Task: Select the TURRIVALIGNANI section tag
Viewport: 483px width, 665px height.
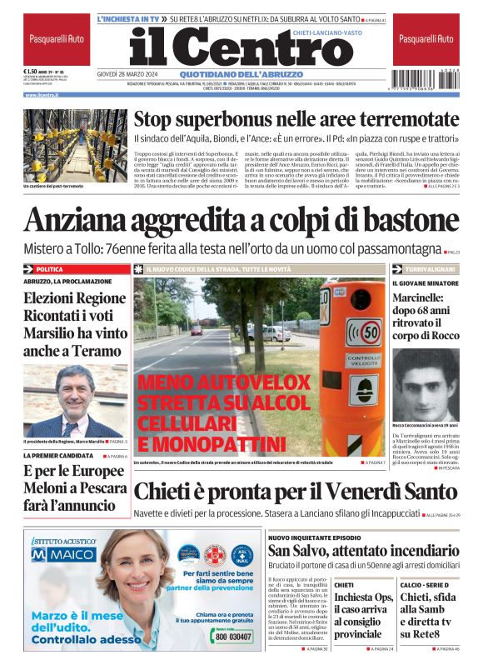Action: coord(431,269)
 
